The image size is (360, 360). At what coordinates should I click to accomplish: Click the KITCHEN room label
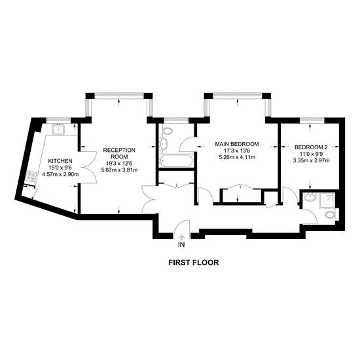[x=60, y=161]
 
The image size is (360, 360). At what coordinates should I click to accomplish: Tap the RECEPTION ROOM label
[x=119, y=153]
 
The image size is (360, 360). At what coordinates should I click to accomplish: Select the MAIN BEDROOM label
[x=237, y=144]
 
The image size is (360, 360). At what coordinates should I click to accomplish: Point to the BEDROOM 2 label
[x=311, y=147]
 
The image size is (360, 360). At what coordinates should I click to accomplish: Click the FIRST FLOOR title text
[x=194, y=262]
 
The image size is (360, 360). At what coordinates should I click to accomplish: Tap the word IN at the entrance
[x=181, y=245]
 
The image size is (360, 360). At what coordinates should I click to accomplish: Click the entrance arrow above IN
[x=182, y=237]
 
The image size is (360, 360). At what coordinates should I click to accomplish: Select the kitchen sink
[x=60, y=130]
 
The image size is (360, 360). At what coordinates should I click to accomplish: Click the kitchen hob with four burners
[x=31, y=176]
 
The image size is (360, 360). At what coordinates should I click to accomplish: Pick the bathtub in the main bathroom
[x=176, y=160]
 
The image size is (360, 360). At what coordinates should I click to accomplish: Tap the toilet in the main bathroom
[x=168, y=131]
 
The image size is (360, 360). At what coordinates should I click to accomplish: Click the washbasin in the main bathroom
[x=163, y=144]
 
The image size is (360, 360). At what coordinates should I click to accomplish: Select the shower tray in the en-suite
[x=327, y=201]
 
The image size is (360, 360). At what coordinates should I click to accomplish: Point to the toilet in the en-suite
[x=331, y=215]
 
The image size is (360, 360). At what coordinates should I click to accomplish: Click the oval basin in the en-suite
[x=310, y=197]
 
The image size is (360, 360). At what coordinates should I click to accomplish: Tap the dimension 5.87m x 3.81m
[x=119, y=170]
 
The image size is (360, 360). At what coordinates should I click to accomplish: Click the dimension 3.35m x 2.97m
[x=311, y=160]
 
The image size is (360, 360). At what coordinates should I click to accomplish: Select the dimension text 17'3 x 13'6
[x=237, y=151]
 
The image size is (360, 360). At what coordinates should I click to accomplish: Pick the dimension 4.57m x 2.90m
[x=60, y=174]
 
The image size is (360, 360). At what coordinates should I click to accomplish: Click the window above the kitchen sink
[x=58, y=120]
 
